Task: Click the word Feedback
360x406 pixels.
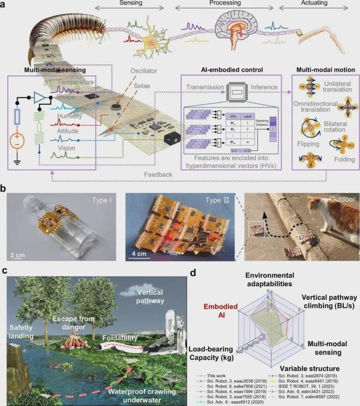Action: pyautogui.click(x=158, y=175)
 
